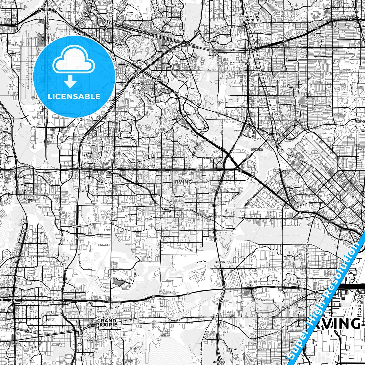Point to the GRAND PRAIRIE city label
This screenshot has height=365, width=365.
107,322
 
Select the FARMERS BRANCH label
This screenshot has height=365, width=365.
251,18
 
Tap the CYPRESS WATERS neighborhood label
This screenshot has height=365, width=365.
129,13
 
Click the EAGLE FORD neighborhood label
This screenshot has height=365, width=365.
244,257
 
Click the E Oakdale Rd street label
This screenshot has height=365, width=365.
104,245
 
